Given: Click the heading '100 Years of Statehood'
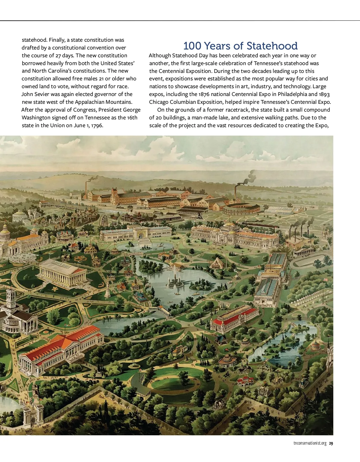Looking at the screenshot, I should coord(240,46).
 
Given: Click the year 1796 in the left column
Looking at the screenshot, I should coord(97,125).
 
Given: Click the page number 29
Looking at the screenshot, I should coord(331,443).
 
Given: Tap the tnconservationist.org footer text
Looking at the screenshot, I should coord(310,443).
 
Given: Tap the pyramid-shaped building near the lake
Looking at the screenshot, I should coord(217,263).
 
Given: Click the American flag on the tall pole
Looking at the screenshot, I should coord(325,280).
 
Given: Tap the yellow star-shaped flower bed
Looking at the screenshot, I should coord(55,289).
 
